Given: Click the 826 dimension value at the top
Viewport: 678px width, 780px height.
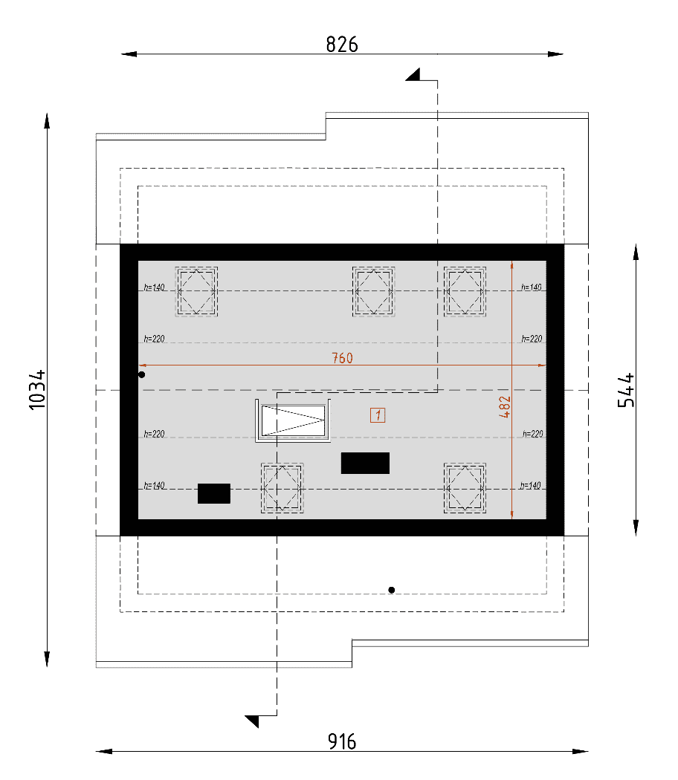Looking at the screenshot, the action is point(342,45).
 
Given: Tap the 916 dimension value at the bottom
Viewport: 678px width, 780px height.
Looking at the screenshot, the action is point(342,741).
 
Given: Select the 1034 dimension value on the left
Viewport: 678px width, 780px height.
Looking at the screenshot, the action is point(37,390).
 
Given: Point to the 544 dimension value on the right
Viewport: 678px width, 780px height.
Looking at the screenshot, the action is point(626,390).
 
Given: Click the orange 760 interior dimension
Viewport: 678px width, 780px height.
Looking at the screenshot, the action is point(342,357).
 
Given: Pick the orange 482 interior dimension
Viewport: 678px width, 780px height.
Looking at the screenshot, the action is point(504,406).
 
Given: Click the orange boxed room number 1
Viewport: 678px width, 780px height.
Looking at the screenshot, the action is point(378,415).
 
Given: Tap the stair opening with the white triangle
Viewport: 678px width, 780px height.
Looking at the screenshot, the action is point(293,421).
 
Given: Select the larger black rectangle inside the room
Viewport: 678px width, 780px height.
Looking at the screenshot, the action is point(365,463).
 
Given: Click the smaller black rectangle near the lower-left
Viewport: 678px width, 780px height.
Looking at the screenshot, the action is point(214,493).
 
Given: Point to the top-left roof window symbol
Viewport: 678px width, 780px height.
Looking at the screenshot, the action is point(196,291).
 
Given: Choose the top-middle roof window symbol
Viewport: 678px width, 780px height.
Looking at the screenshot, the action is point(373,291).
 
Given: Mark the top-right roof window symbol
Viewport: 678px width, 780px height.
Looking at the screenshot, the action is point(465,291).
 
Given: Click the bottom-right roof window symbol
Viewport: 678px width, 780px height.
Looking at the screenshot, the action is point(465,488).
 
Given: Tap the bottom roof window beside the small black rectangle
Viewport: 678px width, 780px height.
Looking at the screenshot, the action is point(282,488).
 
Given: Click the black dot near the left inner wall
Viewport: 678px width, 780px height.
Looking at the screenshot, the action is point(142,374).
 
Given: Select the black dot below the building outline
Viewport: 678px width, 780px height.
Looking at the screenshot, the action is point(392,590).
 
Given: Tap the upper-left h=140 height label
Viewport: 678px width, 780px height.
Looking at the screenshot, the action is point(155,287).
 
